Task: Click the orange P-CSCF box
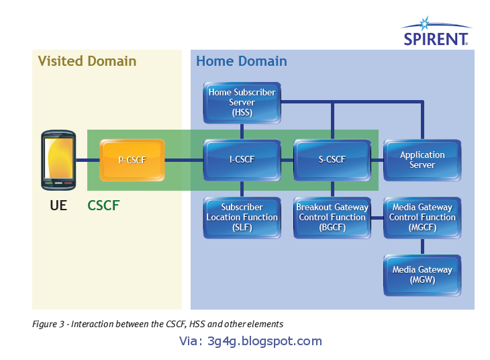click(x=132, y=161)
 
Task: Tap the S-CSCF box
click(x=332, y=160)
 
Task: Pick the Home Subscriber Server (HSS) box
click(x=242, y=103)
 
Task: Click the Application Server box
click(x=422, y=160)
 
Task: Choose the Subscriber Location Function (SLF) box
click(x=242, y=217)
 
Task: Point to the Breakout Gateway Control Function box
click(x=332, y=217)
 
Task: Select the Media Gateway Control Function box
click(x=422, y=217)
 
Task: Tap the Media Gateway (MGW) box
click(x=422, y=274)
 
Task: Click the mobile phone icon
click(x=58, y=161)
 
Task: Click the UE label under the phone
click(x=58, y=206)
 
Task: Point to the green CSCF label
click(x=103, y=206)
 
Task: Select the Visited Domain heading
click(x=87, y=61)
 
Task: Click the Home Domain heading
click(x=241, y=61)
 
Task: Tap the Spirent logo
click(x=435, y=34)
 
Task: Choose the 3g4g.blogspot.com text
click(x=250, y=341)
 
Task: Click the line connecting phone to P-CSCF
click(x=87, y=161)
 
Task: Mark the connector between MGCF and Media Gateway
click(x=422, y=246)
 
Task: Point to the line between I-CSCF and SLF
click(x=242, y=189)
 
